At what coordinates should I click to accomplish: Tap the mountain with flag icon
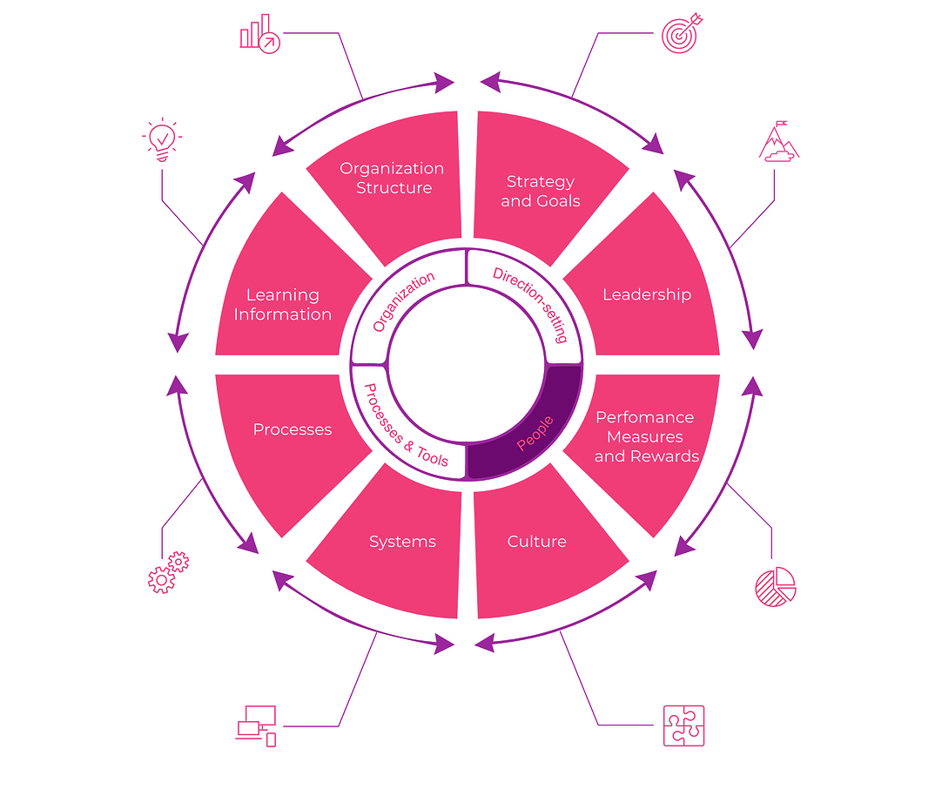coord(778,142)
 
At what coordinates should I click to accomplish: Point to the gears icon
coord(167,572)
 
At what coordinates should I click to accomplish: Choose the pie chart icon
coord(775,586)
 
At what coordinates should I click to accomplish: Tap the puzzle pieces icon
coord(683,725)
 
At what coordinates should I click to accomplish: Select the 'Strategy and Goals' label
coord(541,191)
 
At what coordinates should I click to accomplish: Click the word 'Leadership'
coord(646,294)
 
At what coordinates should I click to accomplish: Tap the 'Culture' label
coord(536,542)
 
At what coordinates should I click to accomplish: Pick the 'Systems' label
coord(402,542)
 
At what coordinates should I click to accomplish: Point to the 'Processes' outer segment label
coord(293,429)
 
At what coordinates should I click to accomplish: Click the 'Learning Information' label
coord(282,305)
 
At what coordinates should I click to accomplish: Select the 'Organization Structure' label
coord(392,178)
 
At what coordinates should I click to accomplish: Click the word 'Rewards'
coord(669,456)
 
